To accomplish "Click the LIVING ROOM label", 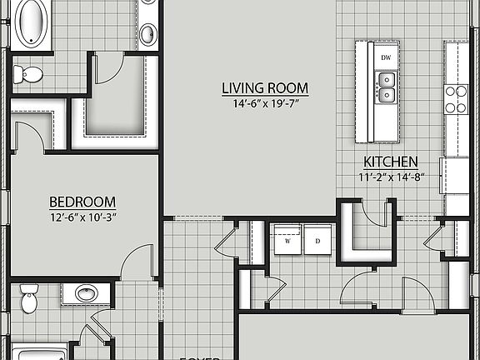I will [265, 87].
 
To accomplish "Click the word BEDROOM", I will [82, 202].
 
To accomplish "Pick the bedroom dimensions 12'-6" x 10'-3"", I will [82, 217].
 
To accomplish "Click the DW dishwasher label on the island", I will [386, 57].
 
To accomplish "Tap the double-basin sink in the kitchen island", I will [386, 87].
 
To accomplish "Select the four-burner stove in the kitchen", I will [455, 99].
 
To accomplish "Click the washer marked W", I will [288, 240].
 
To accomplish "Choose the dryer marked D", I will [317, 240].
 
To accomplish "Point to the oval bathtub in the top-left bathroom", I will [32, 20].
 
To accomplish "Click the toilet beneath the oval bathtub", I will [29, 75].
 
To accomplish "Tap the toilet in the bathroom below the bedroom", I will [29, 298].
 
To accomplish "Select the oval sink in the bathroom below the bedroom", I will [87, 293].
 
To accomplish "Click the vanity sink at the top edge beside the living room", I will [147, 33].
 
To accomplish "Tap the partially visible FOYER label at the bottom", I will [199, 357].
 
